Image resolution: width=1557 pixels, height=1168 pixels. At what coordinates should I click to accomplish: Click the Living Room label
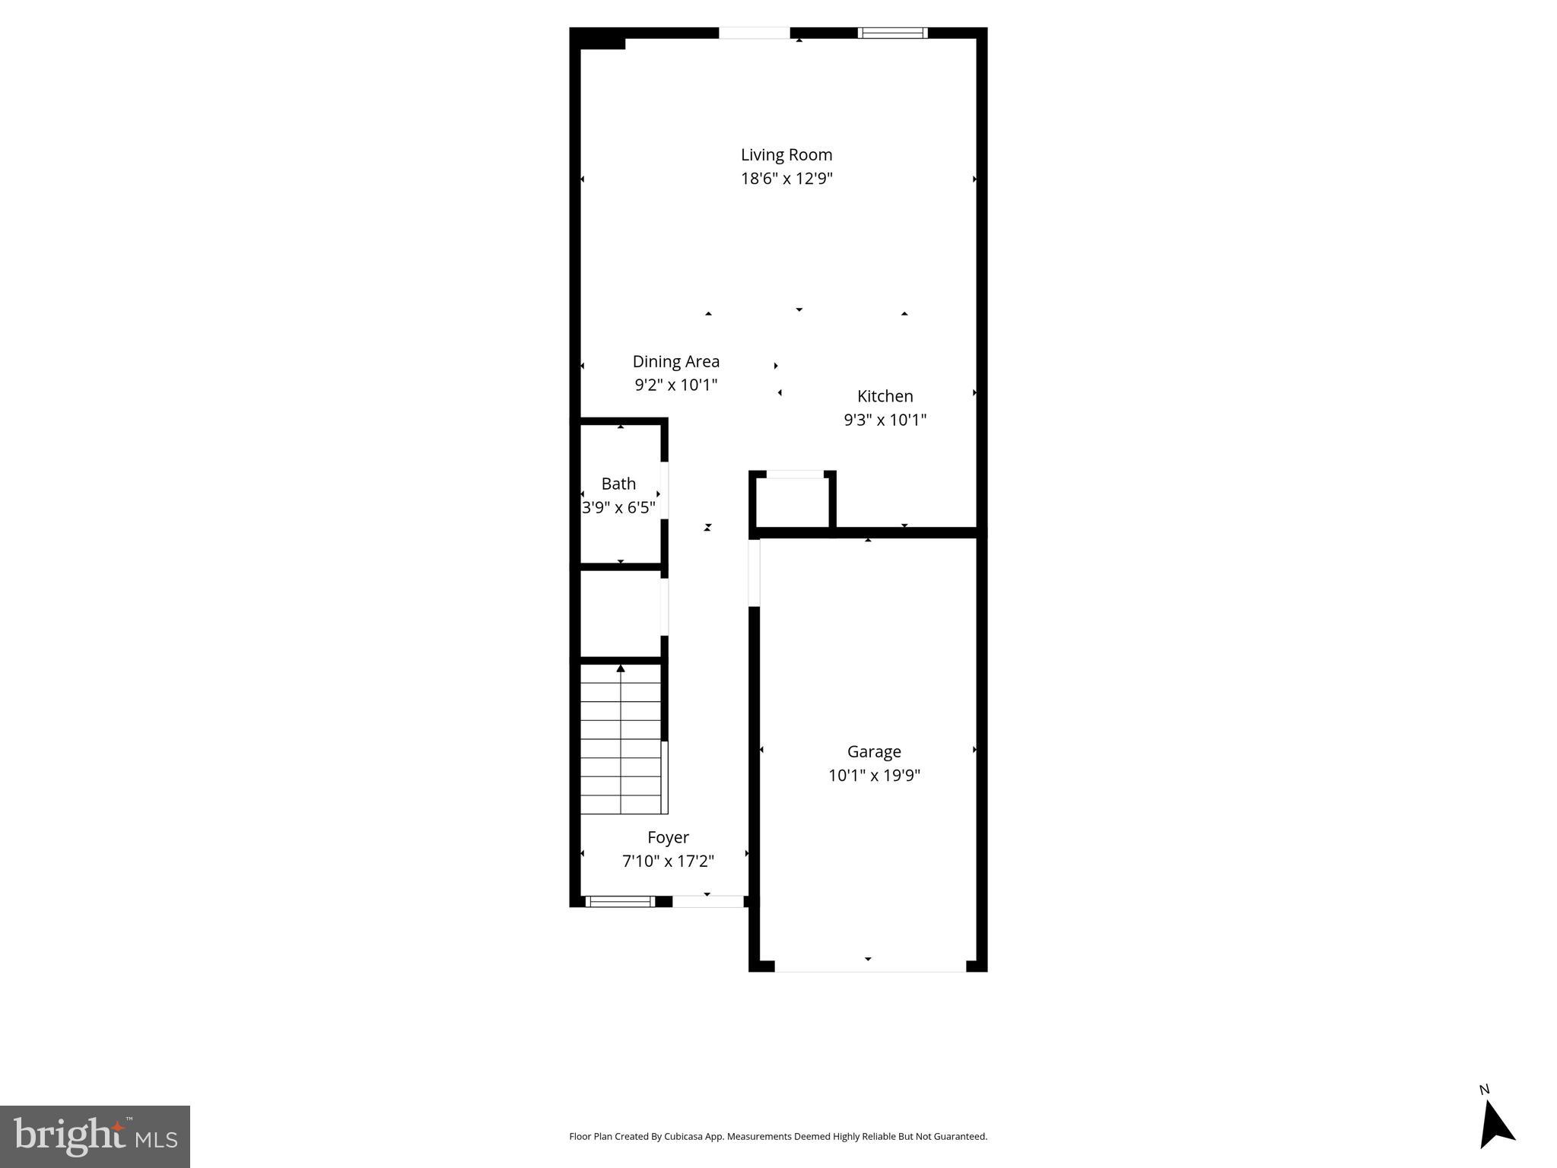786,155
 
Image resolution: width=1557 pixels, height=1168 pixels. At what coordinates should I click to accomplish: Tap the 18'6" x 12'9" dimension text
787,179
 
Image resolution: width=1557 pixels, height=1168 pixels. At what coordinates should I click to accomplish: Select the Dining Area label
675,361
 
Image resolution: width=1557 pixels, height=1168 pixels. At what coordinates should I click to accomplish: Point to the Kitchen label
885,396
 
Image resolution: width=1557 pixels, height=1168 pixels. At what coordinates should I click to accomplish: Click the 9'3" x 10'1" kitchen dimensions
885,420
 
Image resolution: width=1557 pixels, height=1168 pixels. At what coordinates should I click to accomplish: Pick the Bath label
618,484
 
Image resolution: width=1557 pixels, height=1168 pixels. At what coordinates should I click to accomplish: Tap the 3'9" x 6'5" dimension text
618,507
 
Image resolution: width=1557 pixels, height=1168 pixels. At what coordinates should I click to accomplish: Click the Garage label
874,751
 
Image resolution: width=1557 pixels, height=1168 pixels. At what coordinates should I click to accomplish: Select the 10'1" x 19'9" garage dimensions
874,776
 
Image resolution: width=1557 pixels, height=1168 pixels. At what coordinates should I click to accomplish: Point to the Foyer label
668,837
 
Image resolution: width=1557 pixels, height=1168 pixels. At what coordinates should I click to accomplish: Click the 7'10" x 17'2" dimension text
668,861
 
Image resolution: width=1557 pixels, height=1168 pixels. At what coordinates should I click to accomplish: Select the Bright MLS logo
95,1136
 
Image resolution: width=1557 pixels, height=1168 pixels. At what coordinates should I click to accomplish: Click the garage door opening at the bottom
869,966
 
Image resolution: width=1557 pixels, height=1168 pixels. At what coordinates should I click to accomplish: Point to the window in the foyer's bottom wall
620,902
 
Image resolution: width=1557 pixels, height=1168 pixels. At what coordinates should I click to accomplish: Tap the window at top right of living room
892,33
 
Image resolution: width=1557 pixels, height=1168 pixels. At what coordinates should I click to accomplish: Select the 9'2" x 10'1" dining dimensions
675,385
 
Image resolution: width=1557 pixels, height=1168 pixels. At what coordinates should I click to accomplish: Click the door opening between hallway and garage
754,572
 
